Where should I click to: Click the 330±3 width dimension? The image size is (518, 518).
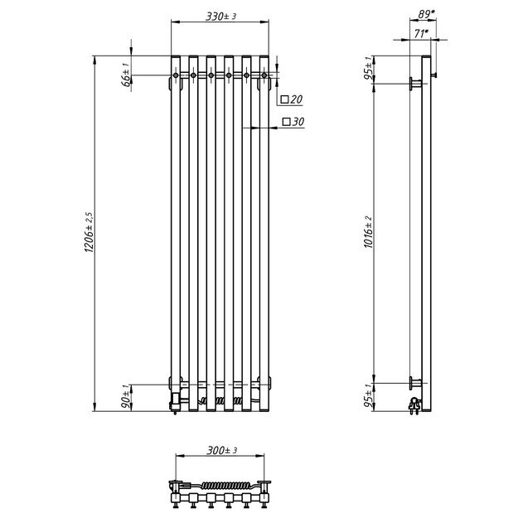pyautogui.click(x=220, y=15)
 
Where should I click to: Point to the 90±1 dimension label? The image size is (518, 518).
pyautogui.click(x=126, y=396)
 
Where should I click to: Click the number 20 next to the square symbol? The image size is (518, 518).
pyautogui.click(x=298, y=100)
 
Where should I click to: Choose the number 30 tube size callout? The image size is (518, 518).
pyautogui.click(x=298, y=122)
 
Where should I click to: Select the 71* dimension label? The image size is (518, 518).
pyautogui.click(x=421, y=32)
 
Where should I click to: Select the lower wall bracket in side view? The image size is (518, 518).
pyautogui.click(x=414, y=382)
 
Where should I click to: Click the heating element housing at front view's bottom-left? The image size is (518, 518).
pyautogui.click(x=175, y=399)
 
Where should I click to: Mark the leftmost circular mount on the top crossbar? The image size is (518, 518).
pyautogui.click(x=176, y=76)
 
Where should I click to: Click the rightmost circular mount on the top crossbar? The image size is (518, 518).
pyautogui.click(x=264, y=76)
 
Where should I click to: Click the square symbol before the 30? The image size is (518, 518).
pyautogui.click(x=286, y=122)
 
